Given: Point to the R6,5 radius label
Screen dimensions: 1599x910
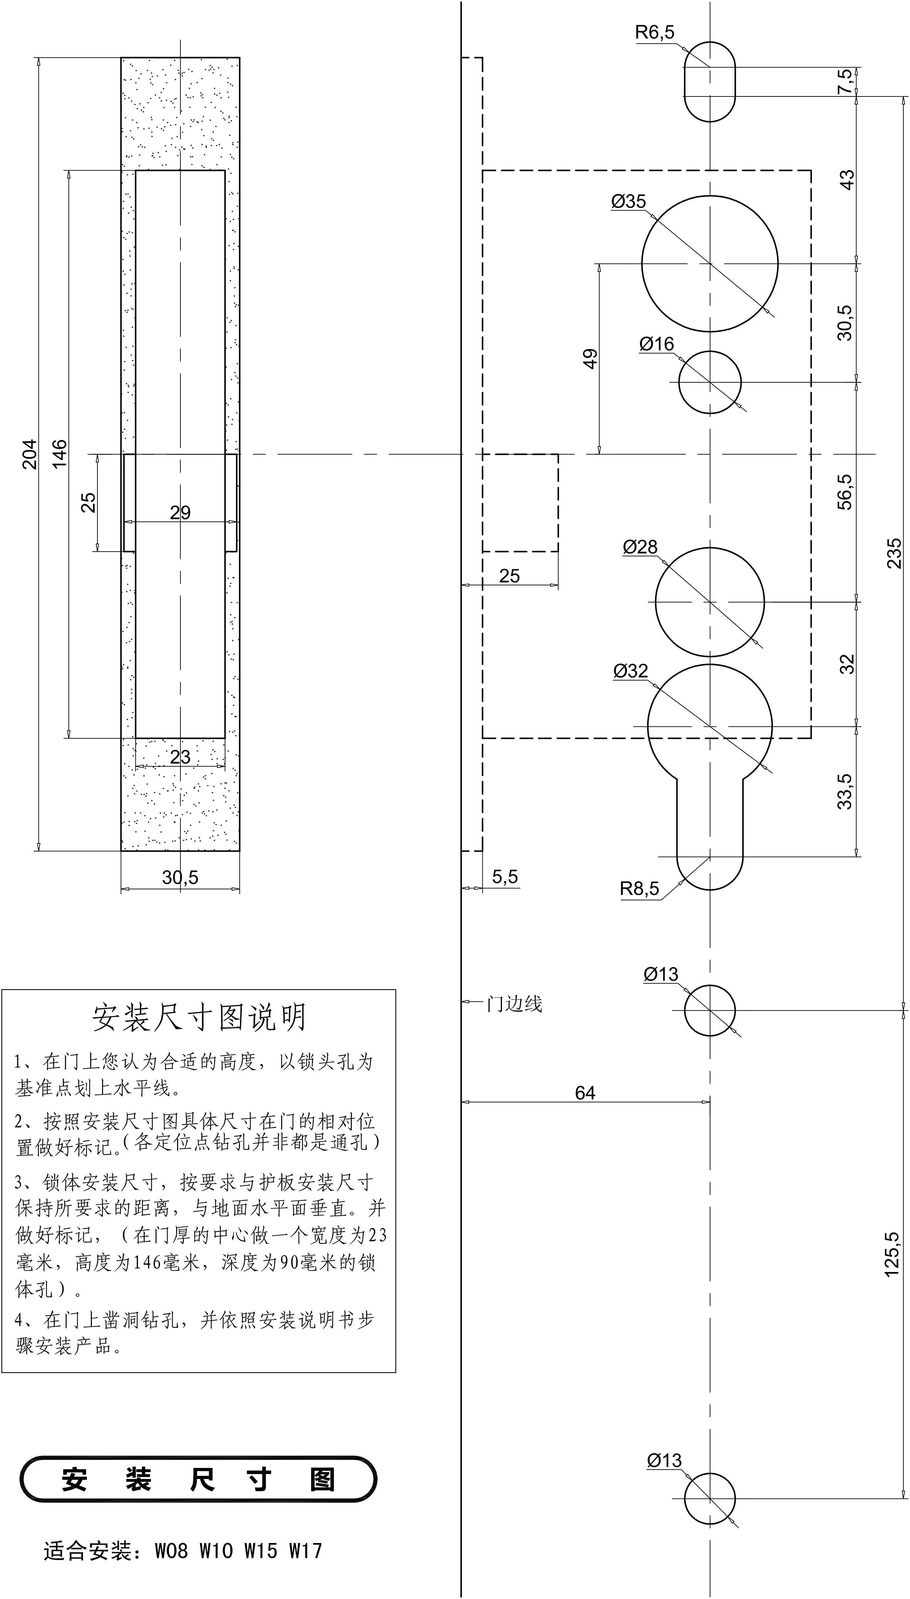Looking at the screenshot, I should tap(655, 33).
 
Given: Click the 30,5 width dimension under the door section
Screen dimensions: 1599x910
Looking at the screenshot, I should tap(180, 878).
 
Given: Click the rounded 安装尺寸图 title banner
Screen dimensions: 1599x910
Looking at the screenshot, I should tap(199, 1479).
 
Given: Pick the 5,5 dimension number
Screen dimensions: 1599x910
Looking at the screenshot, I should tap(505, 876).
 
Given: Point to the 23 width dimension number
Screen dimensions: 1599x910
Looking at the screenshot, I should tap(180, 757).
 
